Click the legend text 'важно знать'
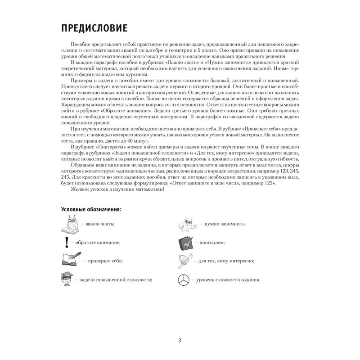[x=98, y=224]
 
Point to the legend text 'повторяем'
[x=211, y=242]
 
